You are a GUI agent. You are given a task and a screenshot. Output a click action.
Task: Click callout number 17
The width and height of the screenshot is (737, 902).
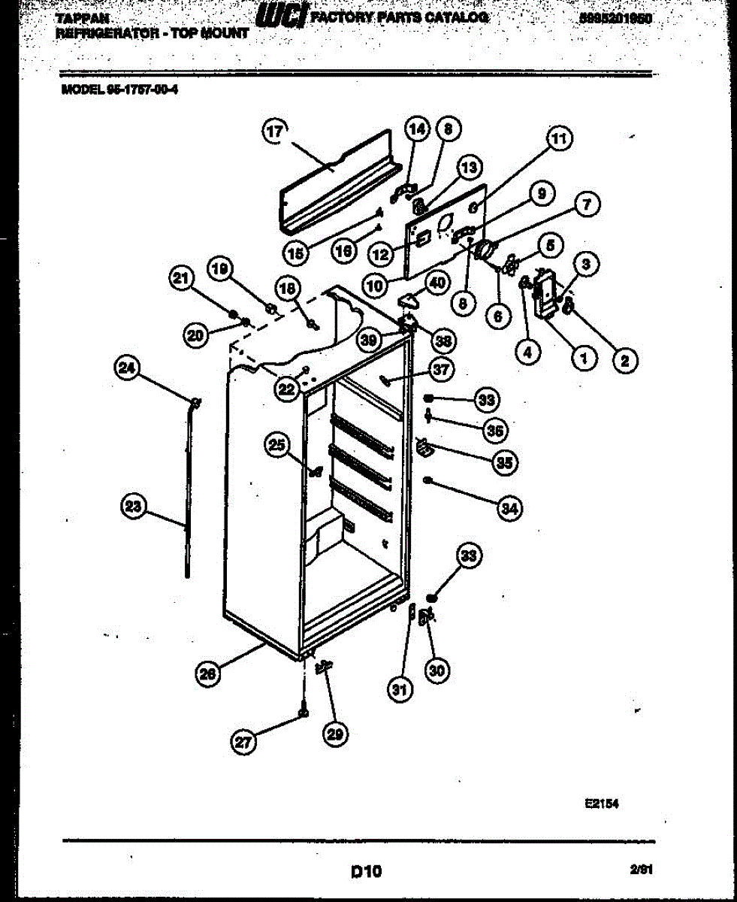pos(275,132)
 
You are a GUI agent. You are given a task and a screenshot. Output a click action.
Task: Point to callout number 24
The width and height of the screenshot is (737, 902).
pos(128,368)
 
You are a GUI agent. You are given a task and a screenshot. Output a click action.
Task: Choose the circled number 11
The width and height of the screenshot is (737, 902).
pos(558,139)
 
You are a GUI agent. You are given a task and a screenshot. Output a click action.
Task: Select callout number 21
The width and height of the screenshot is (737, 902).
pos(180,280)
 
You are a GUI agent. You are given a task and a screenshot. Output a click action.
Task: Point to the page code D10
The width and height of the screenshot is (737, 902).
pos(367,872)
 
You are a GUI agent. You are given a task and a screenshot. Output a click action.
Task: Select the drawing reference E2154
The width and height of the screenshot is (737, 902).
pos(601,803)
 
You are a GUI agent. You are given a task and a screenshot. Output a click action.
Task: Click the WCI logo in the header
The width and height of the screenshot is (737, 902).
pos(281,17)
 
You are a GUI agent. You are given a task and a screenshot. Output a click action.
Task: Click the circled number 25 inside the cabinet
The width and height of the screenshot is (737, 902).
pos(278,446)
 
